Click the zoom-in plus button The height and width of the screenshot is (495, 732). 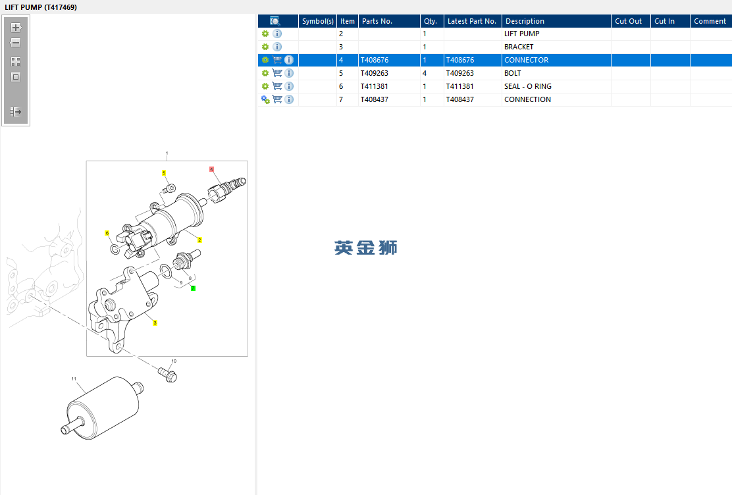point(16,28)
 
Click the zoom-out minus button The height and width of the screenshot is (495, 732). point(16,43)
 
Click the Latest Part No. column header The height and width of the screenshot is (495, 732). point(472,21)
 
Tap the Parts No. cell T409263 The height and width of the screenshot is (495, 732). point(375,73)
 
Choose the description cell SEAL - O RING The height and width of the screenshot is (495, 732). point(527,86)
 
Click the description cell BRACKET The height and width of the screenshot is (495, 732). point(519,47)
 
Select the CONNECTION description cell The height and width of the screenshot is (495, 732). point(527,99)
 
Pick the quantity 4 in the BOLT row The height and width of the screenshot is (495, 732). point(425,73)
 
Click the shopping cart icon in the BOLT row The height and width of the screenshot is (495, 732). point(277,73)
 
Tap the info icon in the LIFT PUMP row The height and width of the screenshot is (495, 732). point(277,34)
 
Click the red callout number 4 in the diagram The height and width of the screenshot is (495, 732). point(211,169)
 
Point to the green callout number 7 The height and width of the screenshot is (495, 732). point(193,288)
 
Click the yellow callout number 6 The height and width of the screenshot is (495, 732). point(107,233)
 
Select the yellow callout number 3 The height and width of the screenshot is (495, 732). point(155,323)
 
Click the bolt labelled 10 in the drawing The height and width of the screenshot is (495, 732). point(168,375)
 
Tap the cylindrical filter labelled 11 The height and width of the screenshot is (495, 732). point(102,407)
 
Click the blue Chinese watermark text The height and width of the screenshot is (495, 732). point(365,247)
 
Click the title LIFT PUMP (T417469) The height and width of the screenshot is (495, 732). point(41,7)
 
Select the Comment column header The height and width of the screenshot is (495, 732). point(710,21)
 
